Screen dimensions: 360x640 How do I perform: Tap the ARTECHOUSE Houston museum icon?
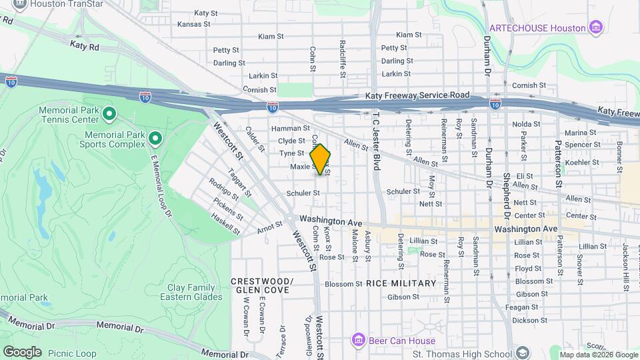click(597, 28)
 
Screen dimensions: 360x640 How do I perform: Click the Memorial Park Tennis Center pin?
click(109, 115)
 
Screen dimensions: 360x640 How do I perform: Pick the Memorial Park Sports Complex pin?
click(155, 139)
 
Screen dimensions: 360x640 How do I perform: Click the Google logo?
click(22, 351)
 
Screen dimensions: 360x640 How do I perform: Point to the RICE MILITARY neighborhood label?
click(401, 283)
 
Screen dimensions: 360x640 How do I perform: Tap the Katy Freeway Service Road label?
click(417, 96)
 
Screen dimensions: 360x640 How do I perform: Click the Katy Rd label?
click(84, 45)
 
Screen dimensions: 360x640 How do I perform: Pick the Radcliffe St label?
click(342, 49)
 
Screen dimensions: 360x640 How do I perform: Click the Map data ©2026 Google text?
click(598, 355)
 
